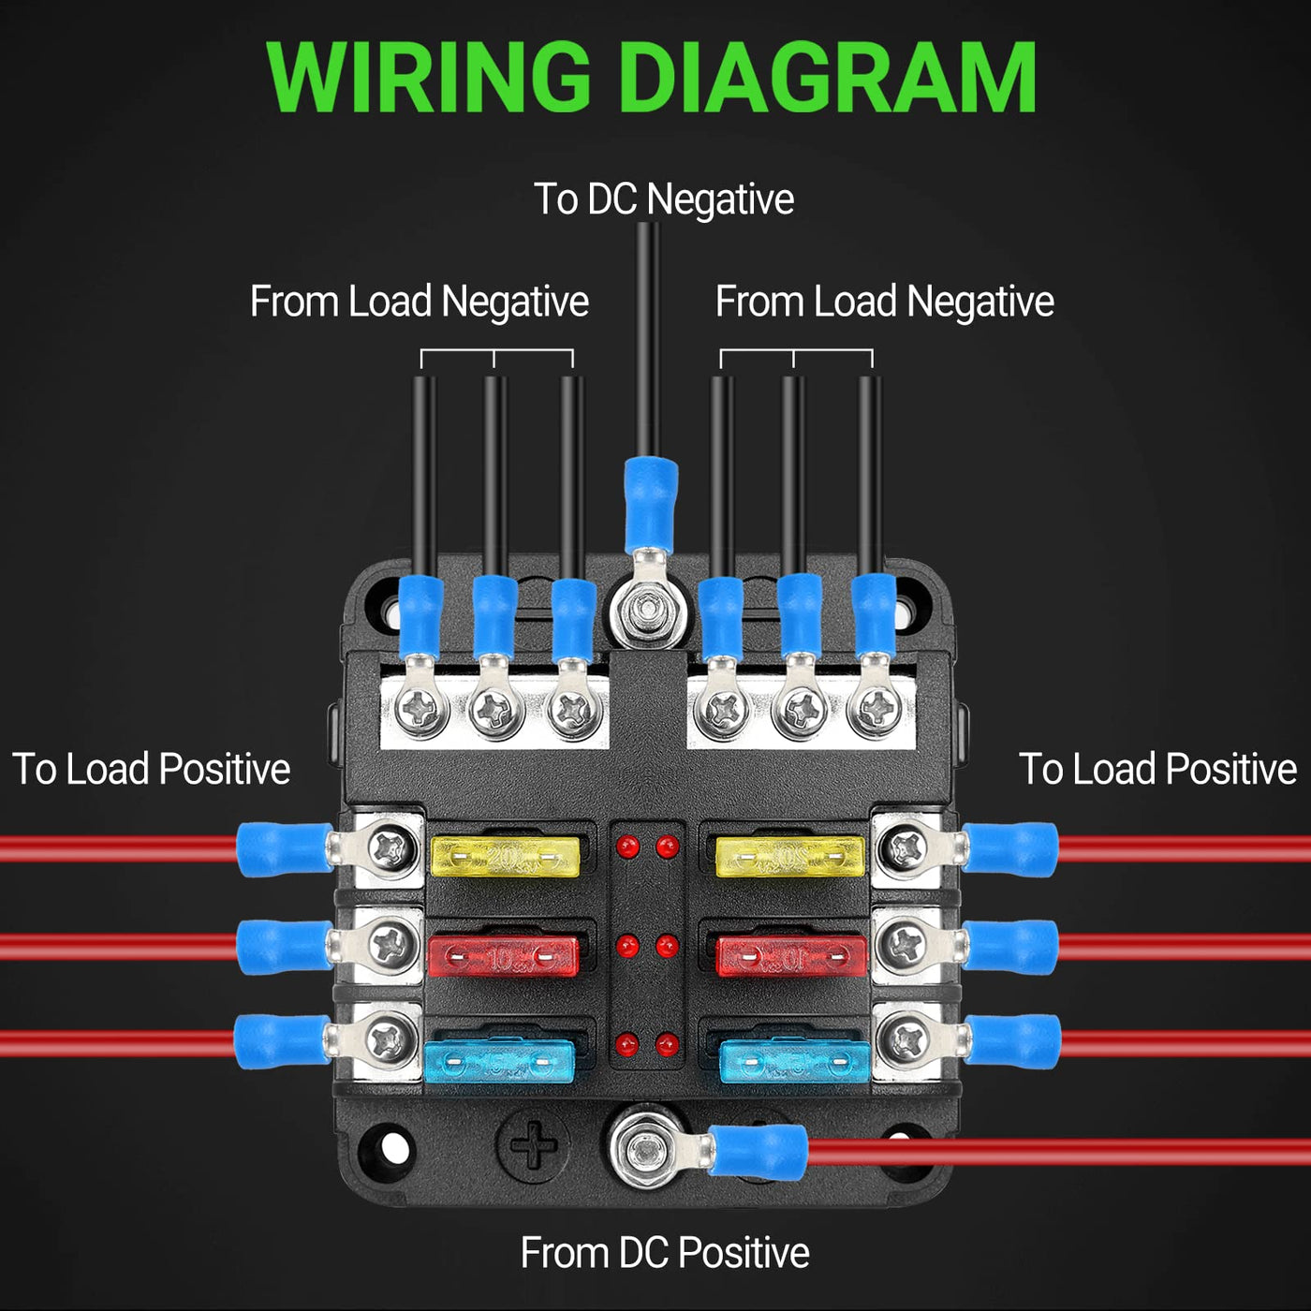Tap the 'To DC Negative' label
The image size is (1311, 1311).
click(663, 199)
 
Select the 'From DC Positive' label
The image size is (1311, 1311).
click(664, 1252)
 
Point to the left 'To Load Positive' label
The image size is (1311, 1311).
click(151, 769)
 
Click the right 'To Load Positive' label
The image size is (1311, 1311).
click(1157, 769)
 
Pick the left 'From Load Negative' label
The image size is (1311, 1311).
click(419, 302)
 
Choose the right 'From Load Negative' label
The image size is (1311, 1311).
click(884, 302)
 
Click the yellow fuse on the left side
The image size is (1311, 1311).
click(505, 856)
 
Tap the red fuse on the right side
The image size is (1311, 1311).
click(791, 955)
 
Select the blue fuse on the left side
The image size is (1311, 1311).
click(499, 1061)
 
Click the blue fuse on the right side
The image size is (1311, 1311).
click(794, 1061)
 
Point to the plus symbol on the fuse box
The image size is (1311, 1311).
click(533, 1144)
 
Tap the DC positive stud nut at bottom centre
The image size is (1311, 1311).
click(645, 1148)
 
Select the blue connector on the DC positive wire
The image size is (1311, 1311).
click(759, 1150)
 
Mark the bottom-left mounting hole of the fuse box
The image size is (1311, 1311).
click(392, 1147)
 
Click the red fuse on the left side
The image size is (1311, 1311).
click(503, 956)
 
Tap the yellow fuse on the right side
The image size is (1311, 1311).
click(789, 856)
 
